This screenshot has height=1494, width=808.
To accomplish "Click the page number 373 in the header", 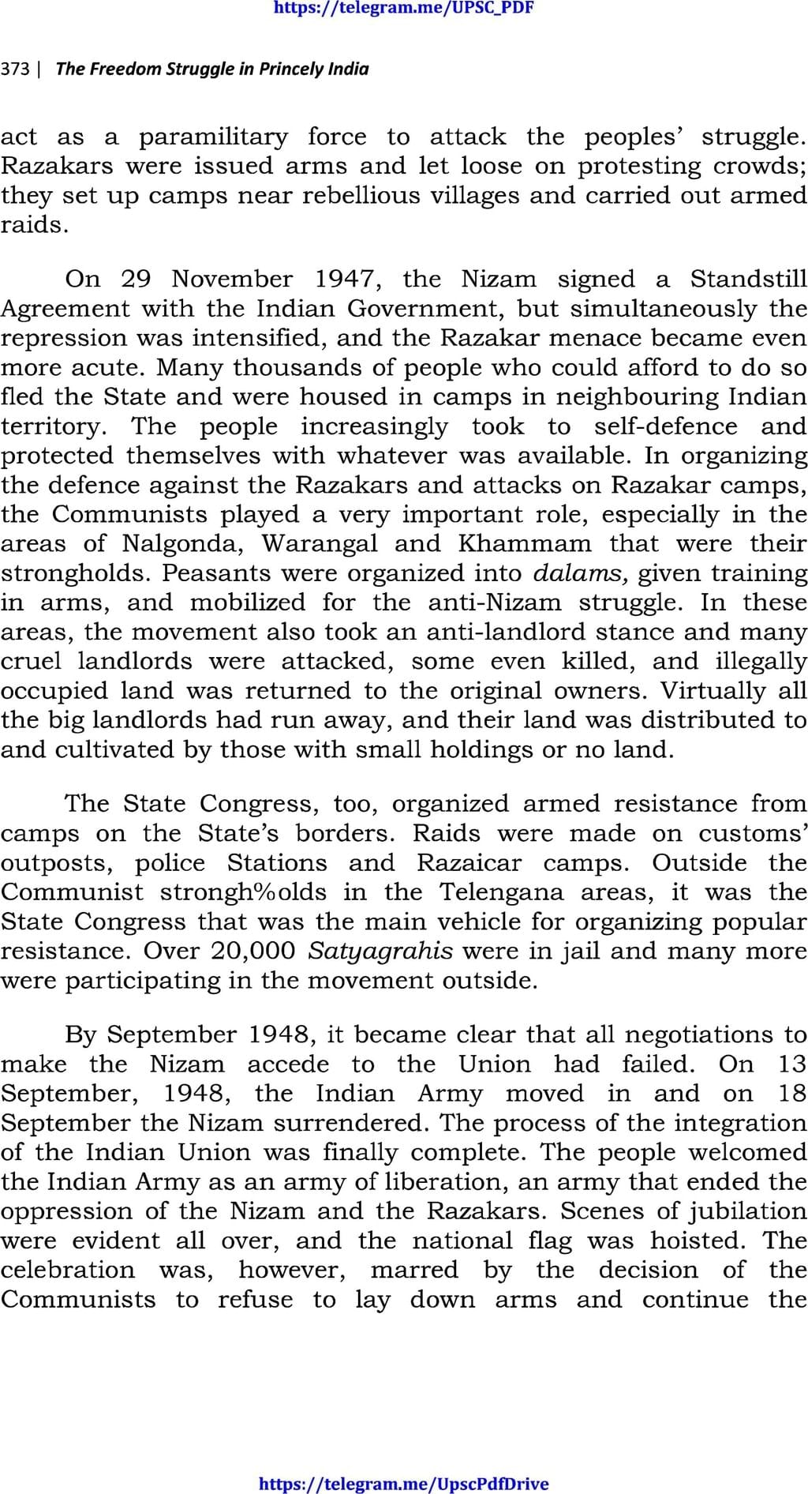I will (x=15, y=69).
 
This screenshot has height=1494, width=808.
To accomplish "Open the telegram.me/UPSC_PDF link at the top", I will (x=403, y=9).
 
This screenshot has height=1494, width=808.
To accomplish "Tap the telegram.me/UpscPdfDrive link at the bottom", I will (x=403, y=1484).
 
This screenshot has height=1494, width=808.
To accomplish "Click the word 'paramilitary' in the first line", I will (x=213, y=137).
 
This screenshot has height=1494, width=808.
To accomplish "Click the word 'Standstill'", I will (x=748, y=279).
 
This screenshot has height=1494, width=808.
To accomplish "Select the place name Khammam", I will (x=524, y=544).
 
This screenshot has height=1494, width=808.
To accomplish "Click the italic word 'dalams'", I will (x=580, y=573).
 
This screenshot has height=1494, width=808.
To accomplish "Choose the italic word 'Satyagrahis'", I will (x=380, y=952).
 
